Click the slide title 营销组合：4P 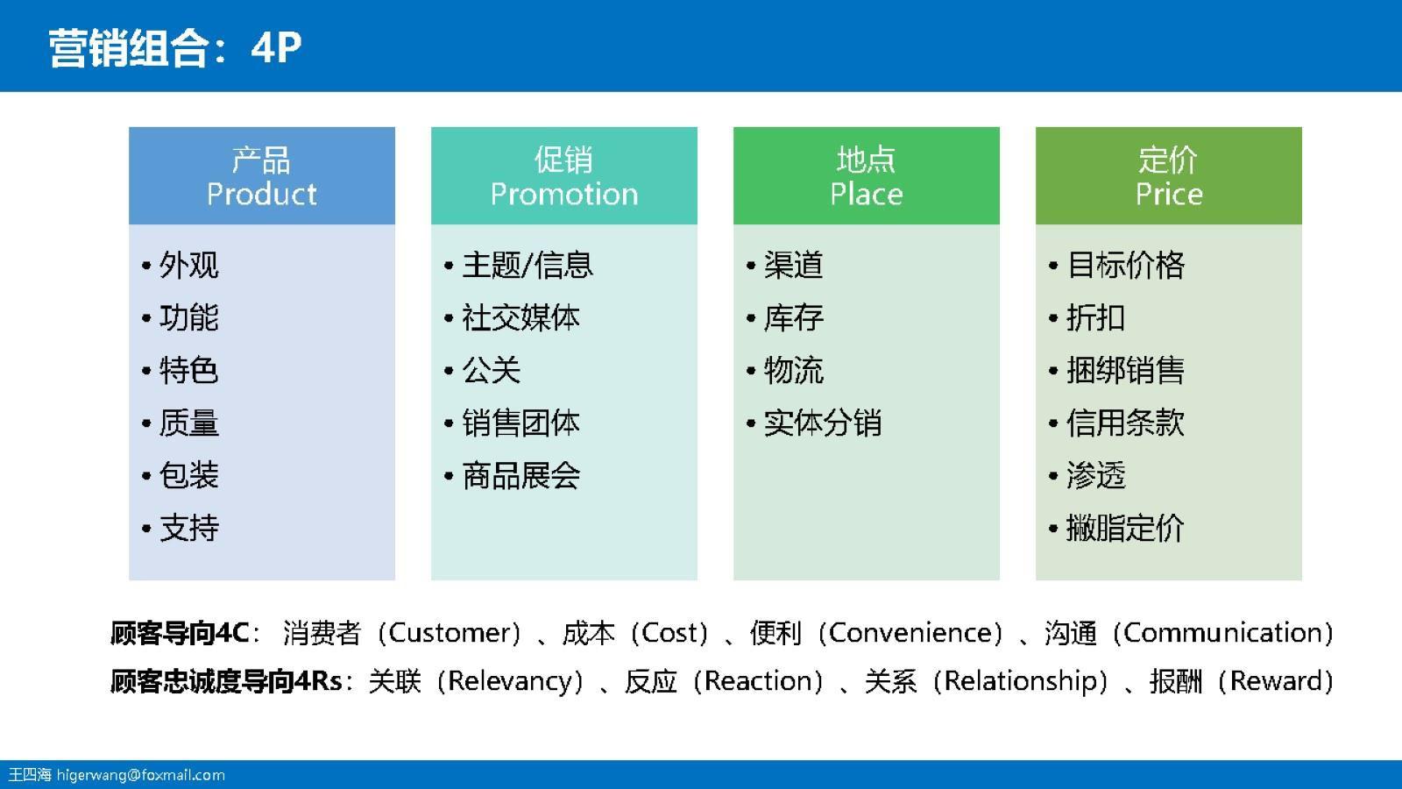point(175,47)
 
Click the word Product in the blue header point(261,194)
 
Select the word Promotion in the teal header point(563,194)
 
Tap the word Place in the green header point(866,194)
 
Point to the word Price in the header point(1168,194)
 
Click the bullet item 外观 point(188,265)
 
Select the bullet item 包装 point(188,475)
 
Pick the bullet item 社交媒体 point(520,317)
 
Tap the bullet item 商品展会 point(520,475)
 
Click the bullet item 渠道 point(793,265)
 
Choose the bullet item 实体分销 point(822,423)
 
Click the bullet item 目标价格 point(1125,265)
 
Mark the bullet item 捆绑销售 point(1125,370)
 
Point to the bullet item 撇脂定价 point(1125,528)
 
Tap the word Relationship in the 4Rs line point(1019,681)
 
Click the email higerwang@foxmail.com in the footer point(140,775)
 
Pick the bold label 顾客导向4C point(180,632)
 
